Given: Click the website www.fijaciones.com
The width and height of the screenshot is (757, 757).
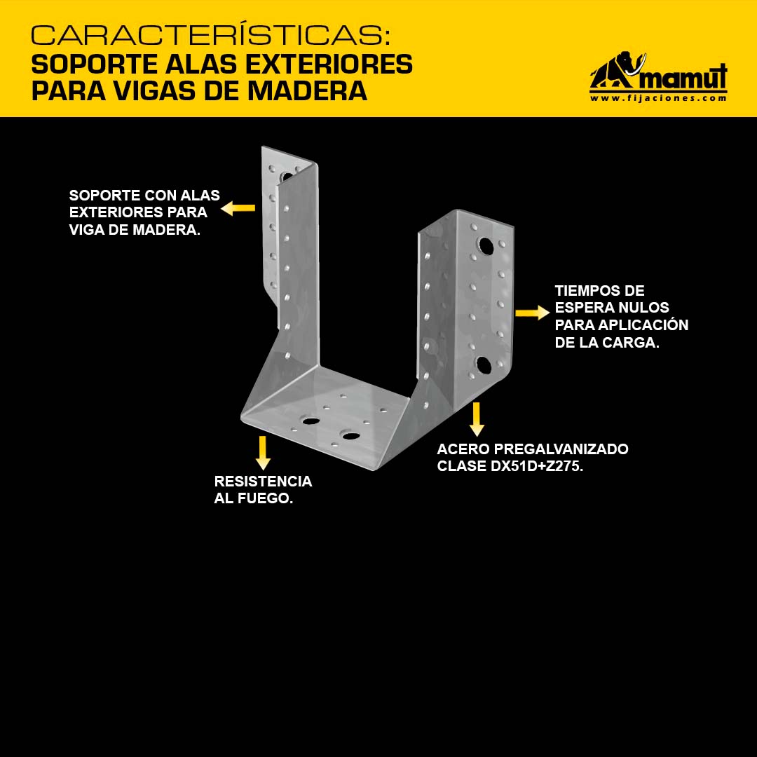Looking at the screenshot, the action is [x=658, y=98].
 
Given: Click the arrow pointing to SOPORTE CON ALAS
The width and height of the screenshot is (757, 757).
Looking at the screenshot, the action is [x=238, y=208].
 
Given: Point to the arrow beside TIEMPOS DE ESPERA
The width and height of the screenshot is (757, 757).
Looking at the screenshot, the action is [x=533, y=313].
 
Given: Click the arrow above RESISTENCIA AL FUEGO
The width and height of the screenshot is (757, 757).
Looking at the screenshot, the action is [x=263, y=453].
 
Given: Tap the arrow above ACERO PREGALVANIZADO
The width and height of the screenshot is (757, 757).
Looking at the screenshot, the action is [x=477, y=419].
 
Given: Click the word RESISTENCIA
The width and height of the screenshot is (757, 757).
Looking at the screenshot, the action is [x=263, y=482].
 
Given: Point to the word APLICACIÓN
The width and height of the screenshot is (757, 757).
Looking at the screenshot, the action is [x=643, y=325].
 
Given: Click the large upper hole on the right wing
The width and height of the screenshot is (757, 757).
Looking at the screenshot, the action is [x=486, y=246].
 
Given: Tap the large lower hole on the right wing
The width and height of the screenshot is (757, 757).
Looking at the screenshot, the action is [x=484, y=365].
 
